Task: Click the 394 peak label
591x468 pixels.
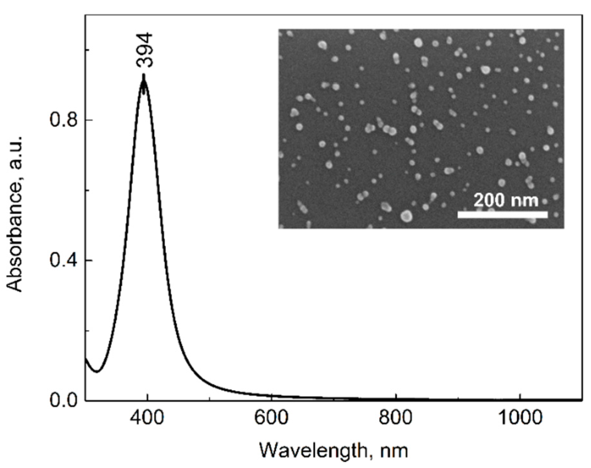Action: [x=144, y=50]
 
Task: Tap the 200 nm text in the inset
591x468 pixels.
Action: [x=506, y=201]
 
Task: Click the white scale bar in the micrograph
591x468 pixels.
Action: [x=502, y=214]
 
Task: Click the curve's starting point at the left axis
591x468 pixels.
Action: [x=86, y=359]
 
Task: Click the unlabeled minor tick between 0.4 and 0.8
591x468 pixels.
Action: [x=87, y=190]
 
